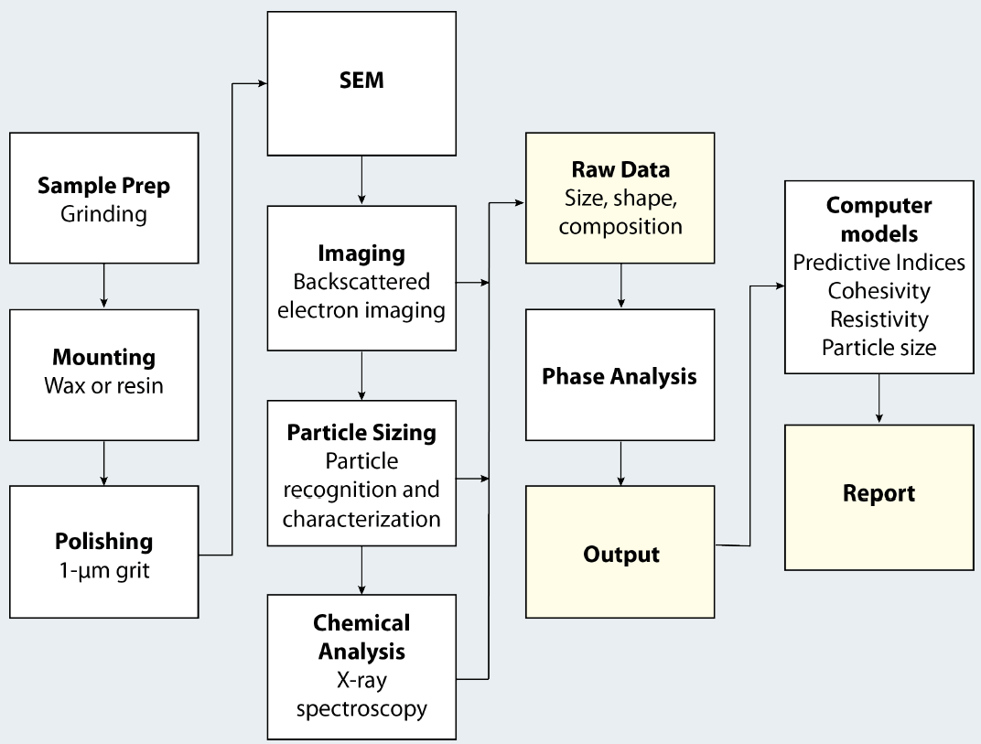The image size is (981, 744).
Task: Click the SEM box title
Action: (x=361, y=81)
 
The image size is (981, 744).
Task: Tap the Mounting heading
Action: (x=103, y=358)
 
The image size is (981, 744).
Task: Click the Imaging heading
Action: (x=361, y=253)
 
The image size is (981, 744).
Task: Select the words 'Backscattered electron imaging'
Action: (x=361, y=295)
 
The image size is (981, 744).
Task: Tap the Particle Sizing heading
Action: (x=361, y=431)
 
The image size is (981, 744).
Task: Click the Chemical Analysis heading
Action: (x=361, y=638)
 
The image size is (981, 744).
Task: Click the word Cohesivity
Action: (x=879, y=291)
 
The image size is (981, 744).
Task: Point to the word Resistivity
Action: (x=879, y=319)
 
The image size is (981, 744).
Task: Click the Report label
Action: (x=879, y=493)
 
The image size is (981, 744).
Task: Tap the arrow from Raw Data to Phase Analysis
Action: (x=621, y=286)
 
